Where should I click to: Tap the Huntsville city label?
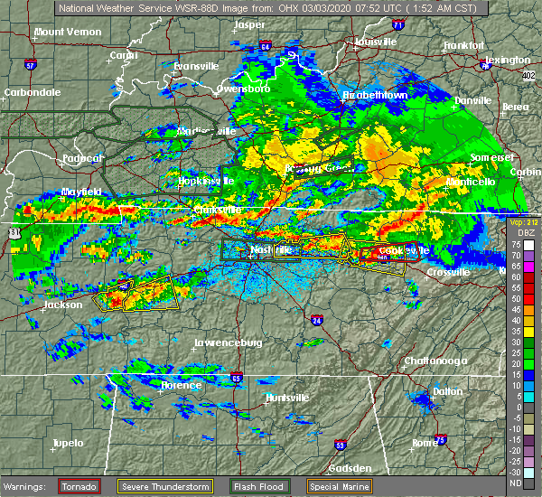(x=286, y=398)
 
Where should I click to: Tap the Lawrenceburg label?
(x=229, y=342)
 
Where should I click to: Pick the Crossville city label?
(x=448, y=272)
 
